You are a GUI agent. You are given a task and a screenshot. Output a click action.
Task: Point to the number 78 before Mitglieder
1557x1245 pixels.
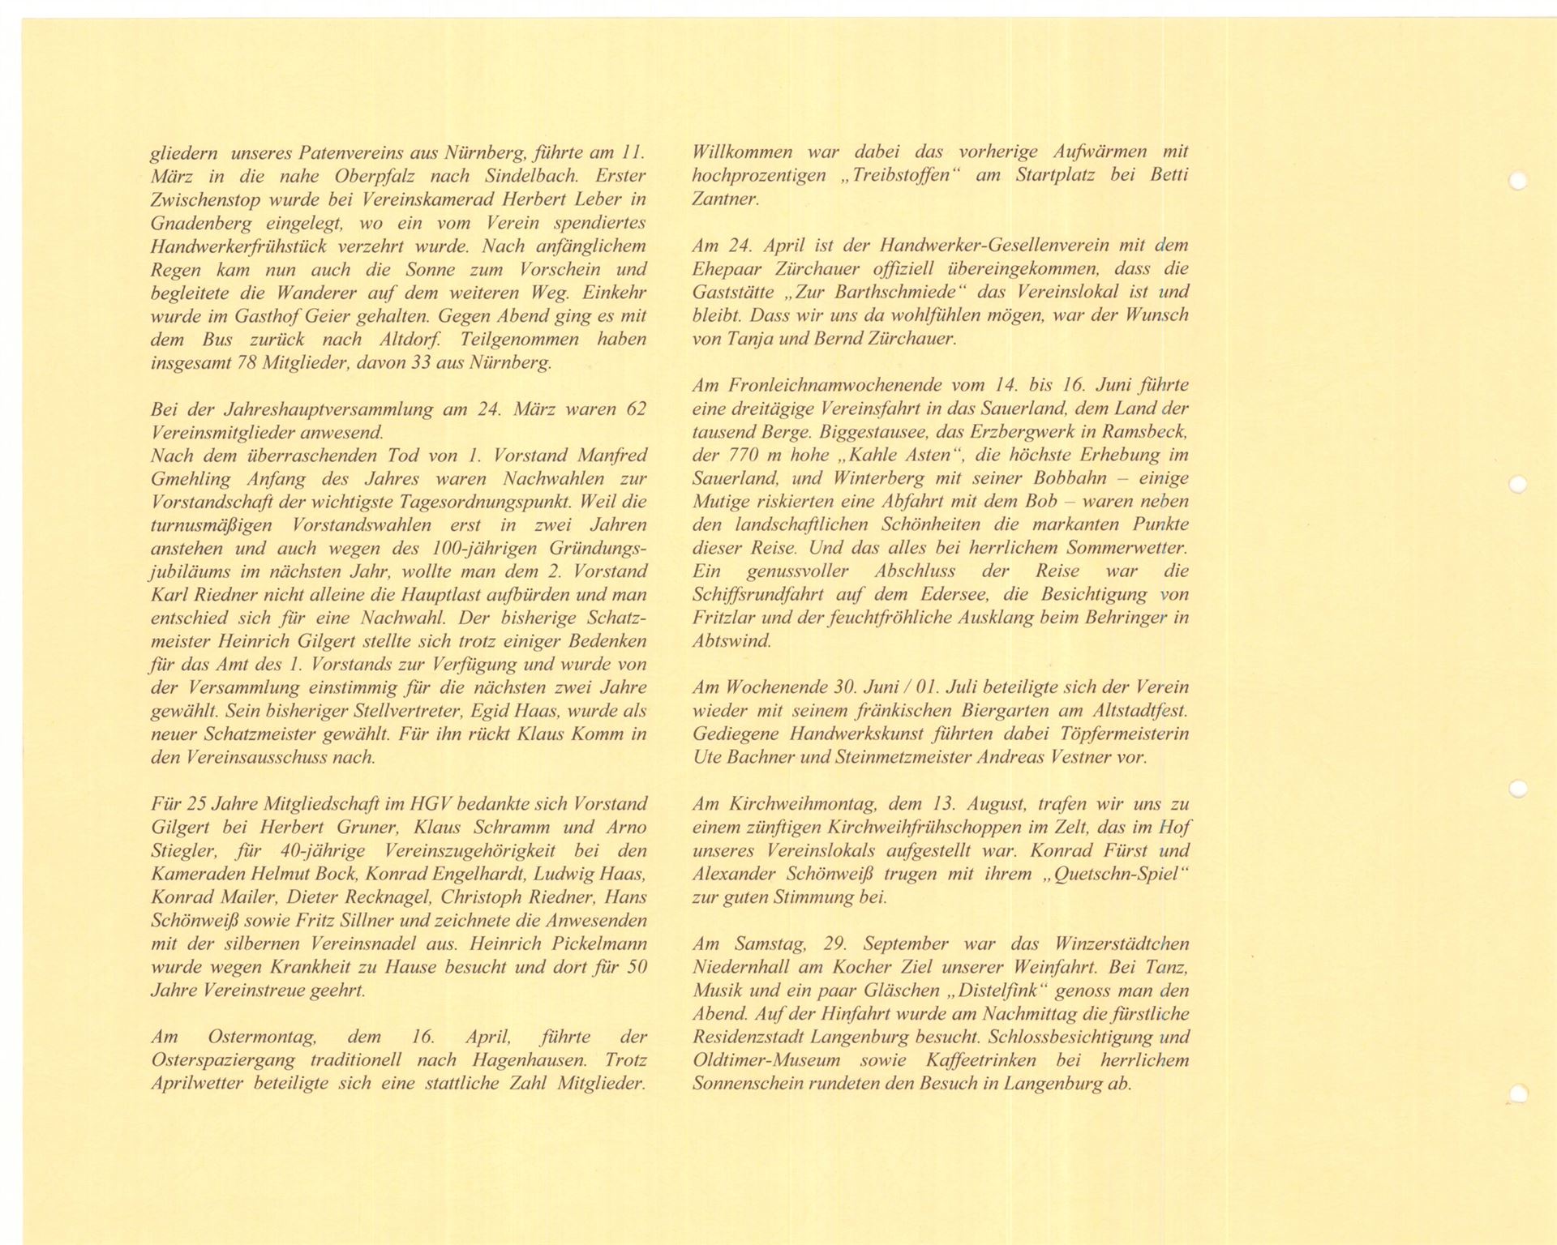[246, 362]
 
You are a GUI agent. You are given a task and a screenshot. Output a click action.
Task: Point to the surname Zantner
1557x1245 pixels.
[724, 199]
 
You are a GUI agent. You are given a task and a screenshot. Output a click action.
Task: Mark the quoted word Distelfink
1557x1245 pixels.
[997, 990]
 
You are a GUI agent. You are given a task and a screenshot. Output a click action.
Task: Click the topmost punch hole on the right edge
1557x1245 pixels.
[1517, 181]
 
